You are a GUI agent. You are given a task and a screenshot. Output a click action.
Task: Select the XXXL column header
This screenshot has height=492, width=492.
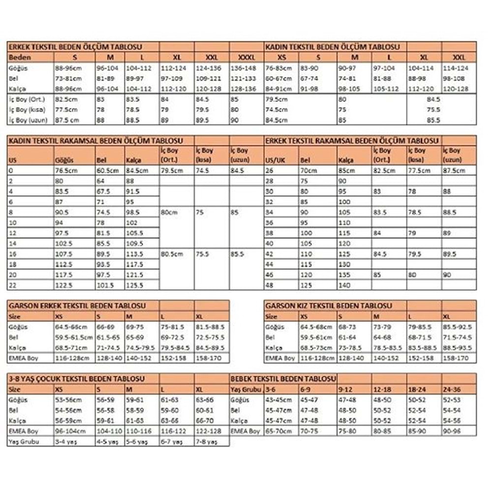(246, 57)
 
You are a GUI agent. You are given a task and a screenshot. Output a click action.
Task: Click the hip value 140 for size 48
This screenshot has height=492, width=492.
(344, 285)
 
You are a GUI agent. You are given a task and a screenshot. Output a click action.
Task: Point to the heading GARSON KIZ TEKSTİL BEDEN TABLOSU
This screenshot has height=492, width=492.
(328, 306)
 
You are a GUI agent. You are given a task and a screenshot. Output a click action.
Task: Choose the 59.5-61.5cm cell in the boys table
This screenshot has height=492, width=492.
(74, 338)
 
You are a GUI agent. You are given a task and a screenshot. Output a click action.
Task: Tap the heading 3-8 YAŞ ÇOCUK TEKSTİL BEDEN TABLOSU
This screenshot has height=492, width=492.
(76, 379)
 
